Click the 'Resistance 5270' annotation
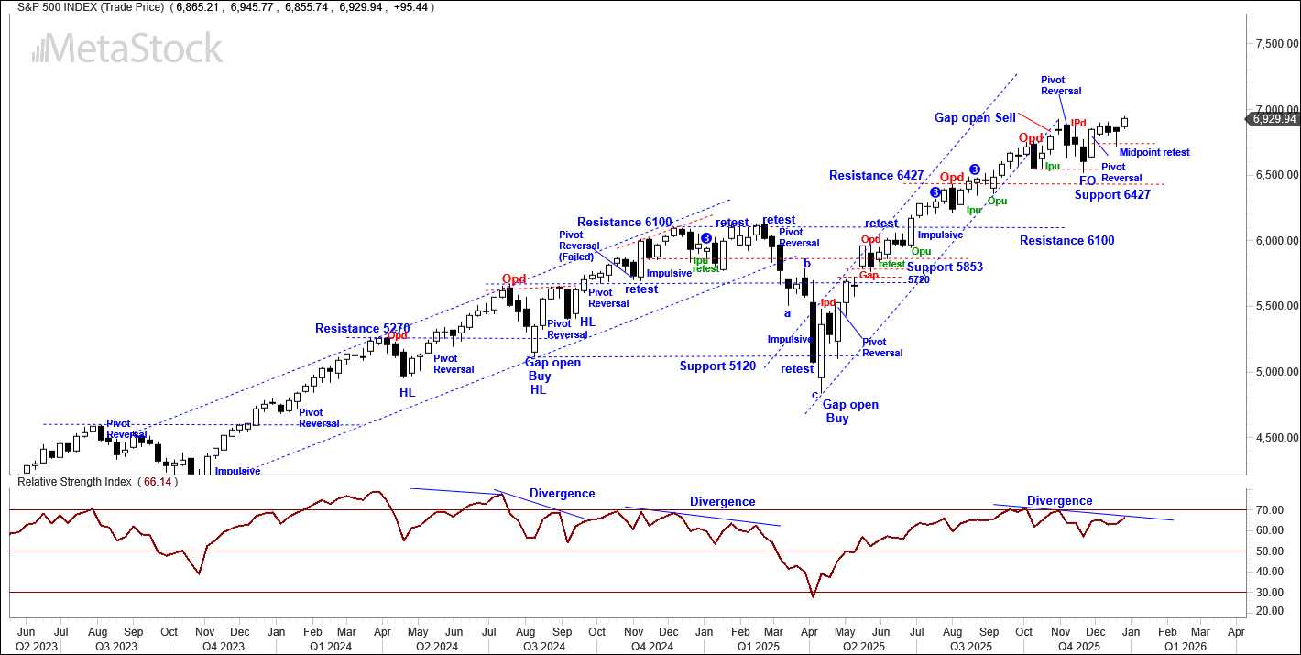(x=362, y=328)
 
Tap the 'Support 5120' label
(x=717, y=366)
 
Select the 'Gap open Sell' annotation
(x=975, y=118)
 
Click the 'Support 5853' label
(x=945, y=267)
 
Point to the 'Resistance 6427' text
(x=876, y=175)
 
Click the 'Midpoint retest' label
(x=1154, y=152)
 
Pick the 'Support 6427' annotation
(x=1112, y=194)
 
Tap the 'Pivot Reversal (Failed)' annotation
(x=579, y=246)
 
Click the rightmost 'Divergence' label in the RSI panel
(x=1059, y=501)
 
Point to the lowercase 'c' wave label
(x=814, y=395)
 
